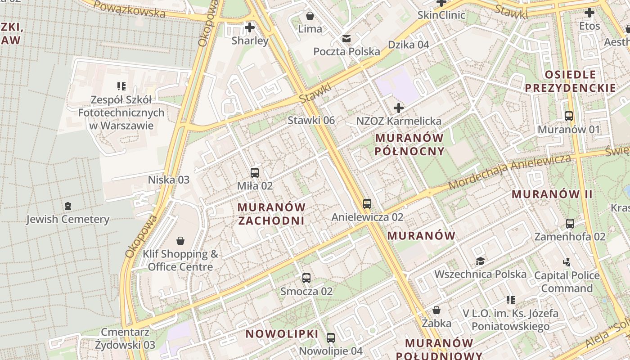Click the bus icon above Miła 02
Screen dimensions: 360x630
tap(255, 172)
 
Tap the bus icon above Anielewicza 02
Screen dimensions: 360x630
tap(367, 203)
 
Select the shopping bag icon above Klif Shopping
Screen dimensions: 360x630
tap(180, 241)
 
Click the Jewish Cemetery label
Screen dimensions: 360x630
tap(67, 220)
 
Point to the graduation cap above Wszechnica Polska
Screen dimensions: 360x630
tap(480, 261)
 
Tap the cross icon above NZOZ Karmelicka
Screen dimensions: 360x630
tap(398, 108)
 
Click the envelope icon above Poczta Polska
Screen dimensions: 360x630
tap(346, 39)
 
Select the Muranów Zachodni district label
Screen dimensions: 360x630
tap(271, 214)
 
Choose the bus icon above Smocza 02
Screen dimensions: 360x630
tap(306, 278)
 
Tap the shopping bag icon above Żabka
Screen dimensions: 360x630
tap(436, 310)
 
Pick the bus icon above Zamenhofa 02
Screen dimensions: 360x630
tap(570, 223)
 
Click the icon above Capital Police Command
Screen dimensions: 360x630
tap(567, 262)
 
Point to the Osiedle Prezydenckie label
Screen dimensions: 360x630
tap(570, 81)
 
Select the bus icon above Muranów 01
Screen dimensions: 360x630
tap(569, 116)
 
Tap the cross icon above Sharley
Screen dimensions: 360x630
tap(249, 27)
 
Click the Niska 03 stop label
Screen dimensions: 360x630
tap(169, 180)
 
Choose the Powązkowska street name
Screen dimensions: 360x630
tap(130, 9)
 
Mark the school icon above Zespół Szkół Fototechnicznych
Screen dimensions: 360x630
tap(121, 86)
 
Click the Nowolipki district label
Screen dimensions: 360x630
tap(282, 334)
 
